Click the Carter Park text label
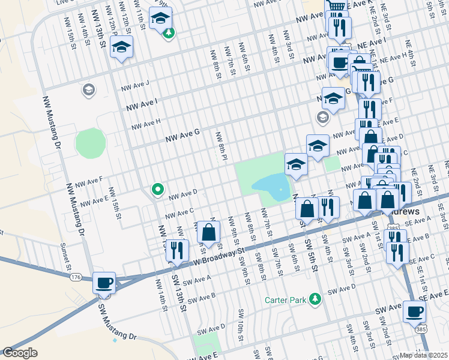[x=285, y=299]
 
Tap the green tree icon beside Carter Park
[x=315, y=299]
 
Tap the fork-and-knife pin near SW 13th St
[x=177, y=250]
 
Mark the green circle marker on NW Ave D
[x=158, y=190]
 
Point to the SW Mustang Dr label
[x=124, y=325]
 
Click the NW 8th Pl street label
[x=221, y=146]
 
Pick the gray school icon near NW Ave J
[x=88, y=90]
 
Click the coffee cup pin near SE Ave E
[x=415, y=312]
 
